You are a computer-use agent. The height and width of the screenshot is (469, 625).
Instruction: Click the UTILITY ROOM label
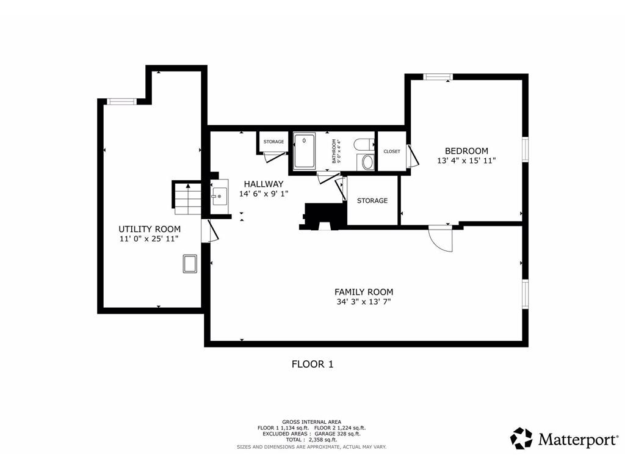coord(150,229)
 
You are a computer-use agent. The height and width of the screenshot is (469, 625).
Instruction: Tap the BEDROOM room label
coord(466,151)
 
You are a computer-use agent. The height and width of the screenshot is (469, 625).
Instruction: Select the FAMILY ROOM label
coord(364,292)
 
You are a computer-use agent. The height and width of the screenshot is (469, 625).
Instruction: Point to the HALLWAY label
coord(264,184)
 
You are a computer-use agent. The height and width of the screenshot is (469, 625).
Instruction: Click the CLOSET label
coord(392,151)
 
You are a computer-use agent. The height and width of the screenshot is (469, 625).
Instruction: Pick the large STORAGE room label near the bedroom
coord(372,200)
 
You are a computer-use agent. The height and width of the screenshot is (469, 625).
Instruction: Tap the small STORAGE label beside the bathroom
coord(273,142)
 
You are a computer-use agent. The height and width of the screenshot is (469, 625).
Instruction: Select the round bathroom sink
coord(367,162)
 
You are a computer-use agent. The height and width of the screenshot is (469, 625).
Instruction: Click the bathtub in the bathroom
coord(304,150)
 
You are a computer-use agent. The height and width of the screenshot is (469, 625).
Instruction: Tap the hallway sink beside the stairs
coord(219,196)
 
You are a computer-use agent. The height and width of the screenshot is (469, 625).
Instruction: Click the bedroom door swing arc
coord(441,239)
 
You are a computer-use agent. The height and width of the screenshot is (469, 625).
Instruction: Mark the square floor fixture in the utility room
coord(190,264)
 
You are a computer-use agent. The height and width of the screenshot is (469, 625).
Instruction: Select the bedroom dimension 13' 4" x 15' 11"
coord(466,161)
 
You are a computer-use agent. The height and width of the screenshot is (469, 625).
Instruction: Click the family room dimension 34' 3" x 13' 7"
coord(364,302)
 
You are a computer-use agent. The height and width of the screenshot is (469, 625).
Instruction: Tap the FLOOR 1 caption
coord(312,364)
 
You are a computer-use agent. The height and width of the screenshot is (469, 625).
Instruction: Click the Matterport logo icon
coord(521,438)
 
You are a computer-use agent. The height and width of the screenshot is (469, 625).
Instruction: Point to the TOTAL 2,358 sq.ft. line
coord(311,440)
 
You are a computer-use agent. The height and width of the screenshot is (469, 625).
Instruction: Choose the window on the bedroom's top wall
coord(438,76)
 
